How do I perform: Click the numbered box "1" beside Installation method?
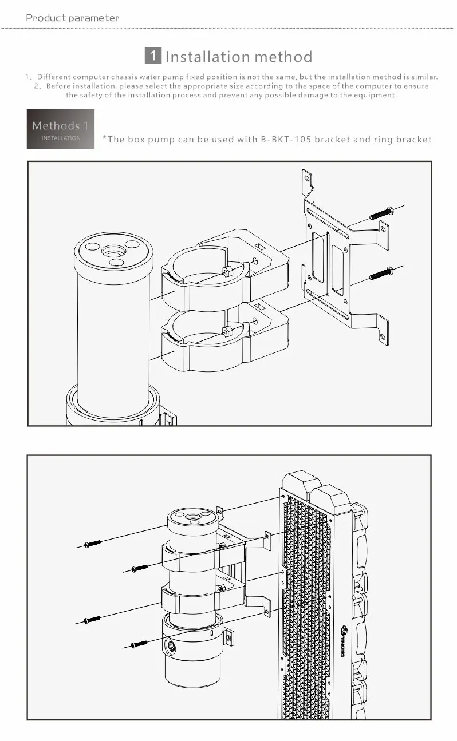[x=153, y=56]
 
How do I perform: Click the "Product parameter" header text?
[x=73, y=18]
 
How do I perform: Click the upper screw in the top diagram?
[x=381, y=213]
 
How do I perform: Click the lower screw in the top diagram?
[x=381, y=273]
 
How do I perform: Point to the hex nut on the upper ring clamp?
[x=227, y=270]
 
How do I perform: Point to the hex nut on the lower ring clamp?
[x=227, y=330]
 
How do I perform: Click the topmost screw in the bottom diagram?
[x=93, y=544]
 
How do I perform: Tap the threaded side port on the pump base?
[x=171, y=646]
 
